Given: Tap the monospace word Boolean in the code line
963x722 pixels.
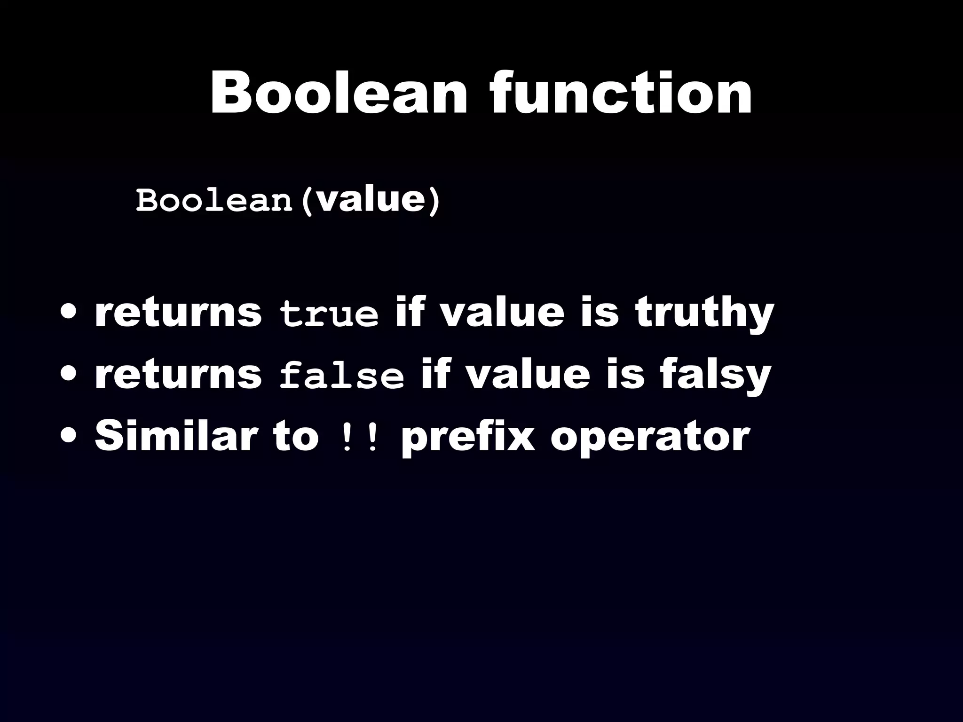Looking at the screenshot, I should click(214, 201).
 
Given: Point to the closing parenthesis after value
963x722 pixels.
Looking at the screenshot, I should click(435, 201).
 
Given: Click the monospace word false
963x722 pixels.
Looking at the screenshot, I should click(341, 376).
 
